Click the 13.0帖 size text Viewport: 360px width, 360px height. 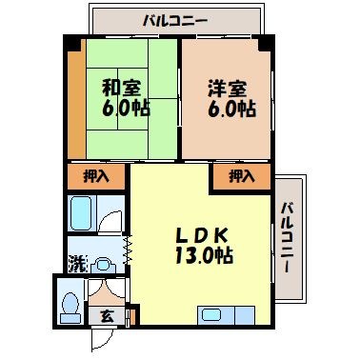coord(205,256)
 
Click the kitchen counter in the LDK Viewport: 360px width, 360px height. coord(226,315)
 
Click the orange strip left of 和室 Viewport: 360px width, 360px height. coord(74,104)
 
